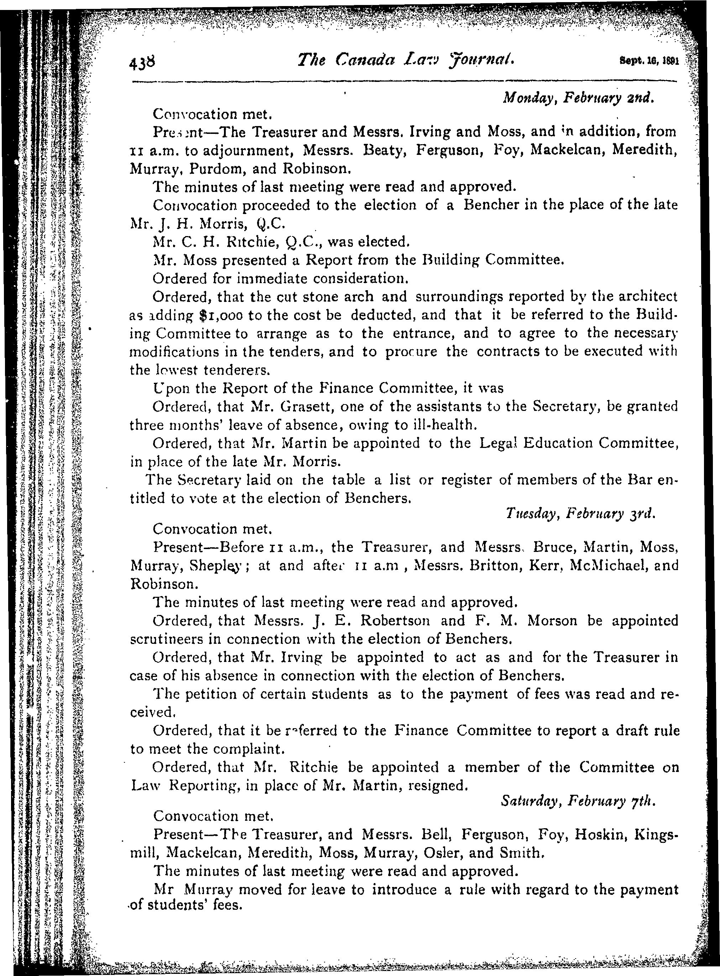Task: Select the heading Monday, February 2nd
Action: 578,99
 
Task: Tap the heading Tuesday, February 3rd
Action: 580,514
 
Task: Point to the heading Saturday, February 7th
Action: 578,801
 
